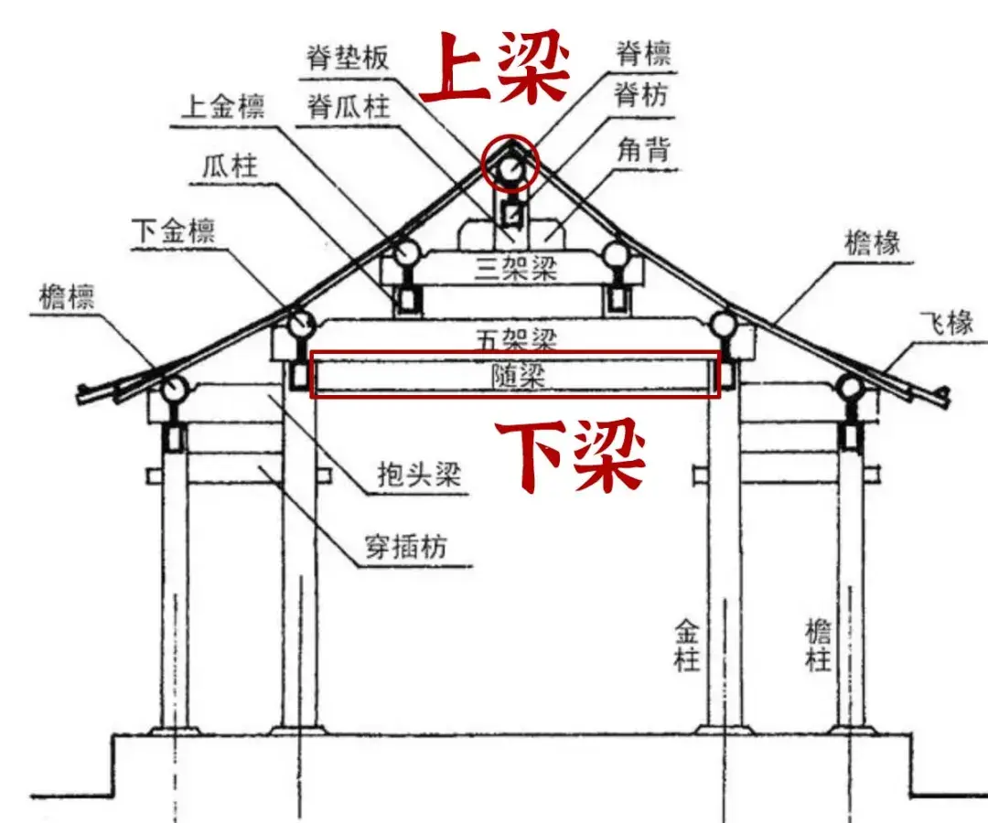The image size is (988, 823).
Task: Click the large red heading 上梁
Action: (495, 69)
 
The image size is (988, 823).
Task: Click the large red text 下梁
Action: (571, 456)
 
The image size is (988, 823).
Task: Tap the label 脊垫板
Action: (348, 58)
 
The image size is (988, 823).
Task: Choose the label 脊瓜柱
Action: (349, 107)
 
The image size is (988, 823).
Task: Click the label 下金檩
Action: (172, 231)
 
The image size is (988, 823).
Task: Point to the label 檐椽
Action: (873, 242)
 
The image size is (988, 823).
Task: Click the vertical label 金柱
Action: (687, 644)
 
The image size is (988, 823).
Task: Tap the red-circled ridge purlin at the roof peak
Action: (510, 167)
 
